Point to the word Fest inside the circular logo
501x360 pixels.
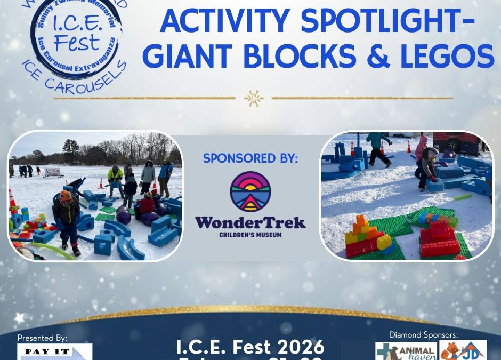point(77,42)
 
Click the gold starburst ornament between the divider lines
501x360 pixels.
point(253,98)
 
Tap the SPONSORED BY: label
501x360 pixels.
point(250,158)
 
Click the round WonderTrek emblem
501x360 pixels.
point(250,191)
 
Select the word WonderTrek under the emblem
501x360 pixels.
point(250,222)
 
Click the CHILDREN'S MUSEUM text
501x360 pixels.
point(250,234)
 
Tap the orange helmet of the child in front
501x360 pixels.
point(65,196)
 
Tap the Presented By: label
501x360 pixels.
point(43,338)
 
